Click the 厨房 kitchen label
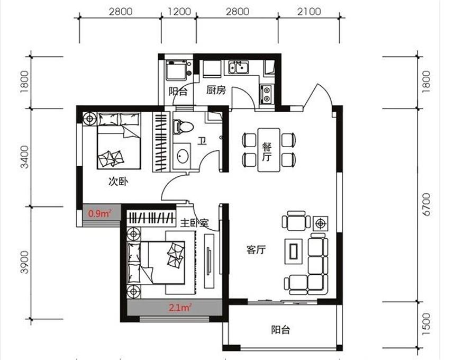[216, 90]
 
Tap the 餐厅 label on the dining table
[267, 151]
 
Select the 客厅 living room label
[256, 250]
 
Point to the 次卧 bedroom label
[119, 182]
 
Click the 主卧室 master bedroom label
[194, 223]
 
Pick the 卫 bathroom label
[202, 141]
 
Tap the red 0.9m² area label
[100, 214]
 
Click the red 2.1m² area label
[180, 307]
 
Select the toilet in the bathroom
[183, 127]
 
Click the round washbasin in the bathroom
[183, 156]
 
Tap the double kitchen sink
[238, 67]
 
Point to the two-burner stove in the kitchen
[266, 94]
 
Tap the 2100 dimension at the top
[309, 12]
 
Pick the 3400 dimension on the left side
[25, 157]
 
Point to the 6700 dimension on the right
[426, 204]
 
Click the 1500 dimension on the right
[426, 323]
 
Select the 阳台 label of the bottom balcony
[280, 330]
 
